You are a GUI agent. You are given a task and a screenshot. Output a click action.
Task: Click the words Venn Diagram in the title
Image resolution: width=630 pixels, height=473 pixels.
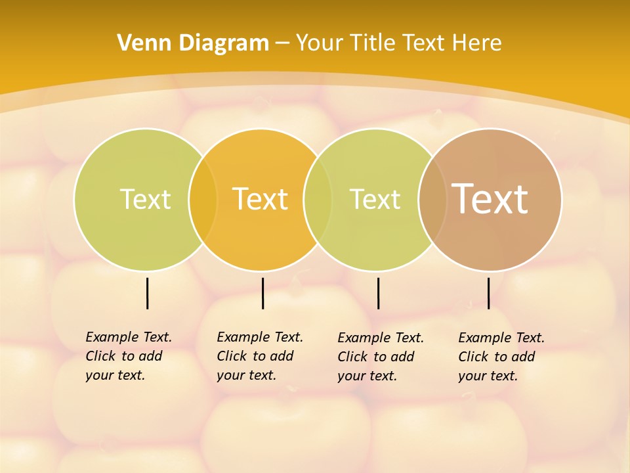(192, 43)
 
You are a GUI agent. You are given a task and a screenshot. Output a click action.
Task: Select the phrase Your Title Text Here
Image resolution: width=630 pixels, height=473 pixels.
(398, 43)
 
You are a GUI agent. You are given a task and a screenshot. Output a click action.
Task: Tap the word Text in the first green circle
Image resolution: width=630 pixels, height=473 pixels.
(145, 199)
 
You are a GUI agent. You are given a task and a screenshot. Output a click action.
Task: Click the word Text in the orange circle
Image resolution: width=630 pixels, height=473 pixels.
(261, 199)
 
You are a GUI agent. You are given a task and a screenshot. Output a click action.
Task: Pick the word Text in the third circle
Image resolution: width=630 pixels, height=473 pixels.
(375, 199)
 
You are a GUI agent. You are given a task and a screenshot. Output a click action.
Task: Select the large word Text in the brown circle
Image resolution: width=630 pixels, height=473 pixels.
(490, 198)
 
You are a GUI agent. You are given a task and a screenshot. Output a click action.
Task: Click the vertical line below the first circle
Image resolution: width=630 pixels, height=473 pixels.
(147, 293)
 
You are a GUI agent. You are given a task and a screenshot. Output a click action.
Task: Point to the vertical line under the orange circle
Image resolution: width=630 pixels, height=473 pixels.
(262, 293)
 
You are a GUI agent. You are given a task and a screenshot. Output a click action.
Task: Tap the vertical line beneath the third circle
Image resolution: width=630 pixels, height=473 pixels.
(378, 293)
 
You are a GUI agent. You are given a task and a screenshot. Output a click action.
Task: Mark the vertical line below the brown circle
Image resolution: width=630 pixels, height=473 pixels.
(488, 293)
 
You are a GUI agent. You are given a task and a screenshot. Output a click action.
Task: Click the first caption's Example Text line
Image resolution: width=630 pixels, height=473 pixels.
(129, 337)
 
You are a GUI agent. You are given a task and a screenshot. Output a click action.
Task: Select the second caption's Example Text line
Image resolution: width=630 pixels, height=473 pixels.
(260, 337)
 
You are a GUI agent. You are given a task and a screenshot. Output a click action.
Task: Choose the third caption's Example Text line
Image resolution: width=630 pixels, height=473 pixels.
(381, 338)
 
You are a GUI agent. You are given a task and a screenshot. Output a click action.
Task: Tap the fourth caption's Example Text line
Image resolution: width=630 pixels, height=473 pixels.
(501, 338)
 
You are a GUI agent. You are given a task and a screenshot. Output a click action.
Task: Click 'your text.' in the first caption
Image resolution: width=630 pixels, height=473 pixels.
(115, 376)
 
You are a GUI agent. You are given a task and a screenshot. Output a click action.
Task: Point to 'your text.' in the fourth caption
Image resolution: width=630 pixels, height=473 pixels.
(488, 376)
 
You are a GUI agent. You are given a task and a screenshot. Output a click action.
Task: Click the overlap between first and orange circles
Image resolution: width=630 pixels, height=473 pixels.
(203, 200)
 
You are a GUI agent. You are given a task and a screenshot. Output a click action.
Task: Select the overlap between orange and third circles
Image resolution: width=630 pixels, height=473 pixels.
(318, 200)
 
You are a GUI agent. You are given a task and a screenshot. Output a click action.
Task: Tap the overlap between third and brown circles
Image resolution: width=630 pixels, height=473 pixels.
(432, 200)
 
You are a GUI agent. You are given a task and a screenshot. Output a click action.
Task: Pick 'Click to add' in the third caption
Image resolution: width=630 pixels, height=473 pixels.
(376, 357)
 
